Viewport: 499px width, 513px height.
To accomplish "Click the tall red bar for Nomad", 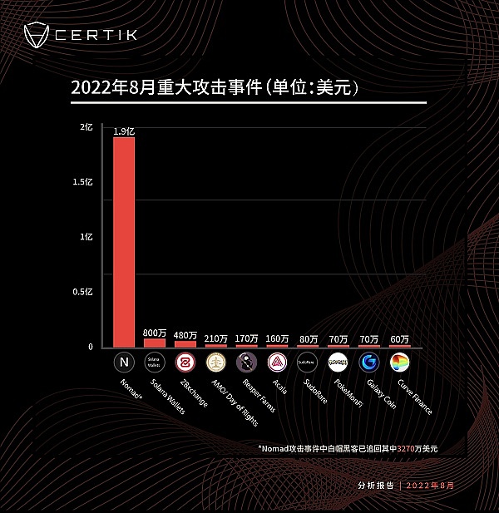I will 124,241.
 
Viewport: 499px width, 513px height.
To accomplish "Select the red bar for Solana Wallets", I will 155,342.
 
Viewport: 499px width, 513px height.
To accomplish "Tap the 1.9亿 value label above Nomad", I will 124,131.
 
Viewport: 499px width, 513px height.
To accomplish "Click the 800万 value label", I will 155,332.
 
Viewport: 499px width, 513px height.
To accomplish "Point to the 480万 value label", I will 185,335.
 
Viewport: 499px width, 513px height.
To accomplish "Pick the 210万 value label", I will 216,338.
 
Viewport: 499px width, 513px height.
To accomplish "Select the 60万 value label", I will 400,338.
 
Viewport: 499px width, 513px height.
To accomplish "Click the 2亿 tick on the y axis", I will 86,127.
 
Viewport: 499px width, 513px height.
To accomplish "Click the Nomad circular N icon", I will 124,363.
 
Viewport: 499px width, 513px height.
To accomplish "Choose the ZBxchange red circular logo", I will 185,363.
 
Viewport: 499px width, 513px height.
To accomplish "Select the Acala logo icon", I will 277,363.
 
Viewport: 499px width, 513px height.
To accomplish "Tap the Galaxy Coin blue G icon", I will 369,363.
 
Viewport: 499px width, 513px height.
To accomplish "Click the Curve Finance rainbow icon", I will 400,363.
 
